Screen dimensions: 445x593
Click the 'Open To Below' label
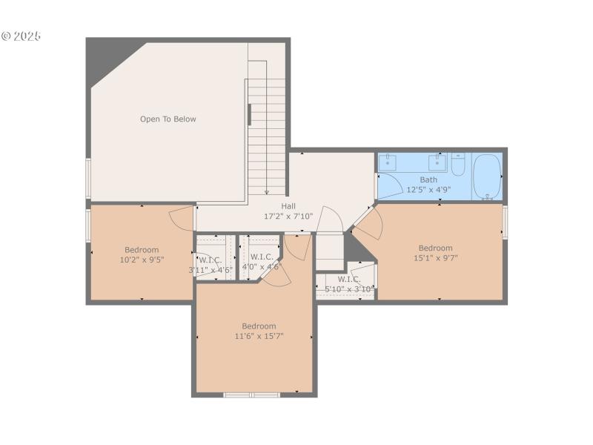(x=168, y=119)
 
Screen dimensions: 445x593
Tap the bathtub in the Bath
(x=487, y=177)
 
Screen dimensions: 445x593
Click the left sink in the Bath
(x=388, y=162)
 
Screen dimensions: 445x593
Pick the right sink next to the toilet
(x=437, y=162)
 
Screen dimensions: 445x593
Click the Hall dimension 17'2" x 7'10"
(x=288, y=217)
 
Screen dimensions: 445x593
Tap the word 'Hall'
(x=288, y=206)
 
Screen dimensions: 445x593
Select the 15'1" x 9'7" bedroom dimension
(x=435, y=259)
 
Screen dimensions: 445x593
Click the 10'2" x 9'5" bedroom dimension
(x=141, y=260)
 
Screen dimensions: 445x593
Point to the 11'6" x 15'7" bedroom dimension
(x=259, y=336)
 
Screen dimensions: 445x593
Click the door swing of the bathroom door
(x=389, y=185)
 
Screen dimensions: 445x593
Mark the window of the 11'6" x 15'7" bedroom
(x=252, y=395)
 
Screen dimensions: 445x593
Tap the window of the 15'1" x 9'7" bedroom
(x=506, y=222)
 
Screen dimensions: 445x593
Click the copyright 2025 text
(x=21, y=36)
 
